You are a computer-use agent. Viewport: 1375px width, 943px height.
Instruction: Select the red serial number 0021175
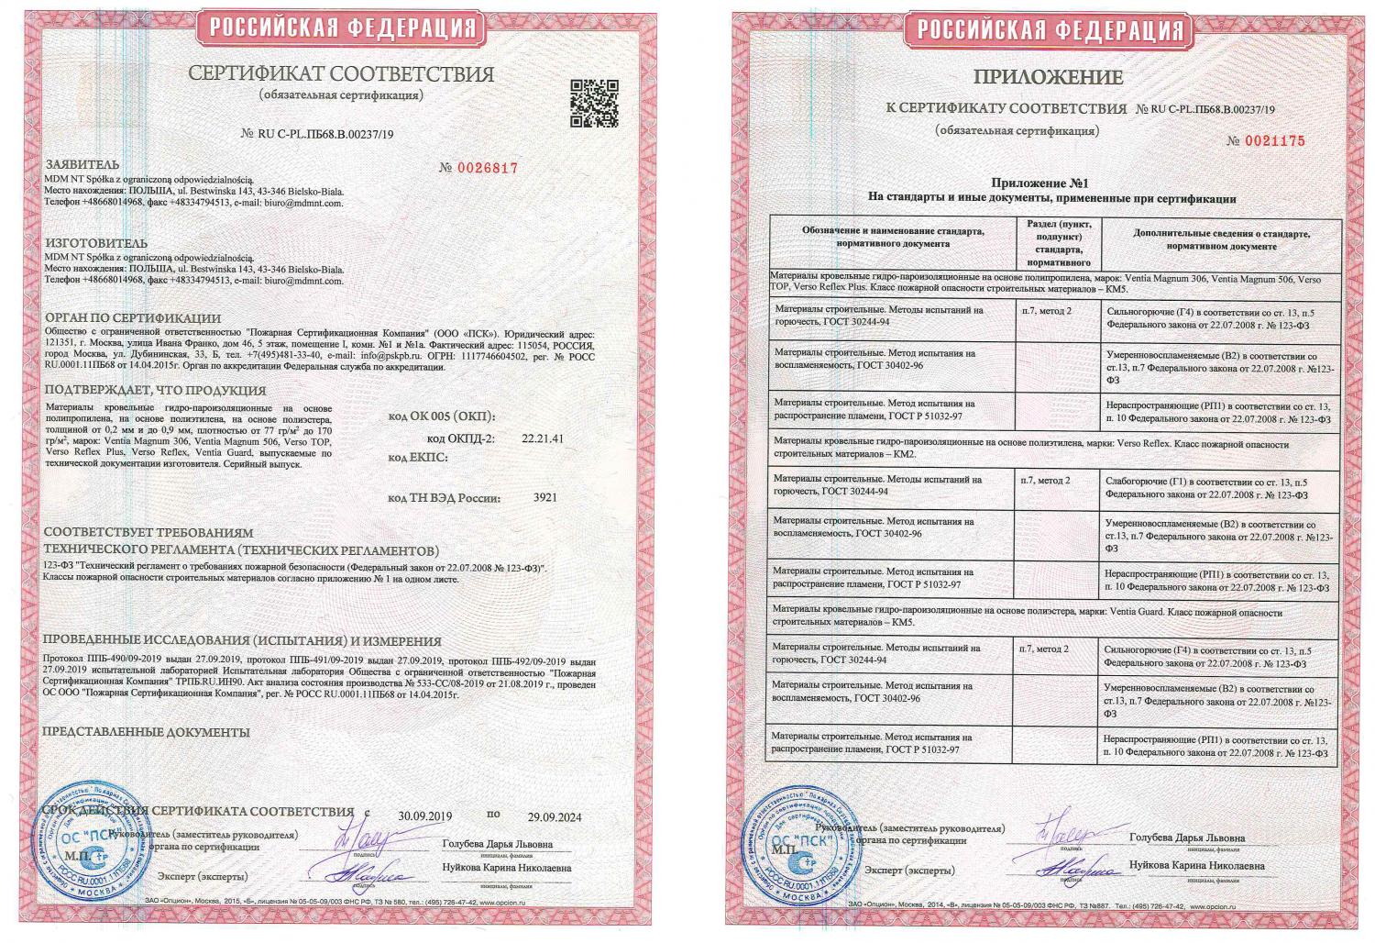click(x=1267, y=140)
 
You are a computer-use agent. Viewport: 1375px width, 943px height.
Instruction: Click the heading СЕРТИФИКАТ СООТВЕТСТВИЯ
click(x=340, y=74)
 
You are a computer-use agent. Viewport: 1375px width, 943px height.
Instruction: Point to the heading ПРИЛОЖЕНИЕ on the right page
click(x=1050, y=76)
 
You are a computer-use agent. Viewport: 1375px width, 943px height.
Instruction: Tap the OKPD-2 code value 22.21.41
click(x=542, y=438)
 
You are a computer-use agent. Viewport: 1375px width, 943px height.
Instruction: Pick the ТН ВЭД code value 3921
click(x=545, y=498)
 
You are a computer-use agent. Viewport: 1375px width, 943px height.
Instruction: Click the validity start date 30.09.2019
click(x=425, y=816)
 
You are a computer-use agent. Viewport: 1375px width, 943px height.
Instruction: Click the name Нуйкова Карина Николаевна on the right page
click(x=1196, y=865)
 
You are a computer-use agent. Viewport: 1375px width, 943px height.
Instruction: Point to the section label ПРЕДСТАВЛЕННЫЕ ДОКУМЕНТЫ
click(x=147, y=732)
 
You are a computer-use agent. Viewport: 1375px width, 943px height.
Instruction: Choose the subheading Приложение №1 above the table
click(x=1050, y=183)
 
